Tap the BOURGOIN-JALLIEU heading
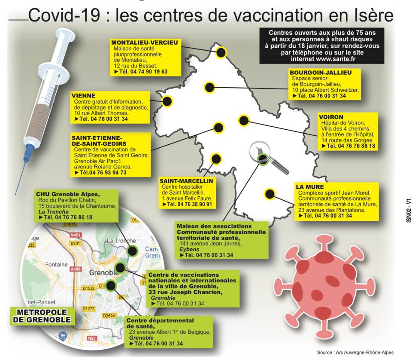[321, 73]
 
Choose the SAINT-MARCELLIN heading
[186, 181]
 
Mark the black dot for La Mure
[270, 194]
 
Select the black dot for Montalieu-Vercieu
[221, 52]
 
